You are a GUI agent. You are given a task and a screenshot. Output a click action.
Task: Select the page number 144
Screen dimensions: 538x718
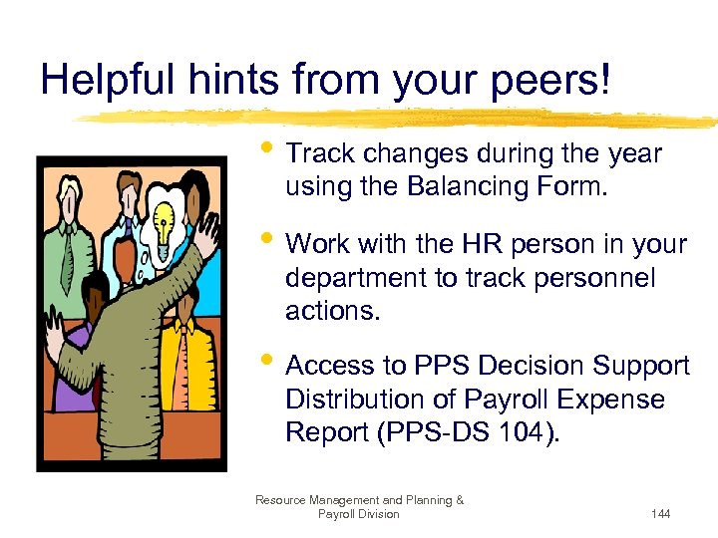point(659,514)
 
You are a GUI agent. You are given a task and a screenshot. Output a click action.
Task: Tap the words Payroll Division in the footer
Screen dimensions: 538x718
point(358,514)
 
